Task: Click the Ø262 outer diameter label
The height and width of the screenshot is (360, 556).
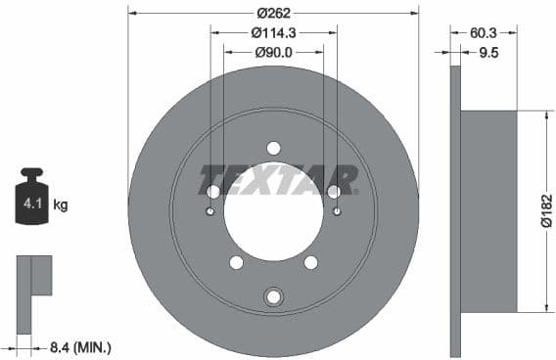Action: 273,14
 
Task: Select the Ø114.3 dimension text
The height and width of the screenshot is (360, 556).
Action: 274,32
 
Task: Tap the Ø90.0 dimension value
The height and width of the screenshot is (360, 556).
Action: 274,52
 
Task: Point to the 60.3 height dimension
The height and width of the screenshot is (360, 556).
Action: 483,32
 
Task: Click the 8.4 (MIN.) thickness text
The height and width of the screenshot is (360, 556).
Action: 79,346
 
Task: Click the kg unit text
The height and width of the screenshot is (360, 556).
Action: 61,205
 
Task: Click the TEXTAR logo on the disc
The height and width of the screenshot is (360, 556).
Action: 279,180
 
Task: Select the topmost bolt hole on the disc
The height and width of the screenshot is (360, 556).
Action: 273,148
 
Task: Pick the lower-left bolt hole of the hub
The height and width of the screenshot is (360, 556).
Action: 236,262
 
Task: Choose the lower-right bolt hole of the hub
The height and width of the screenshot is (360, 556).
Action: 310,262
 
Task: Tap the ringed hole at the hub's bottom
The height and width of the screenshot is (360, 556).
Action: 273,296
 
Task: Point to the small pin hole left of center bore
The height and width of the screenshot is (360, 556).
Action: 210,211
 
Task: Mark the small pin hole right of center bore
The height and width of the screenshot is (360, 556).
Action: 337,211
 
